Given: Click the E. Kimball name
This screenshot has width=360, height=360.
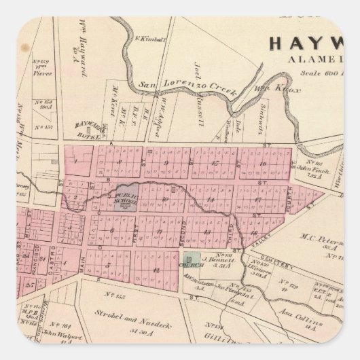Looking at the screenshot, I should [x=147, y=39].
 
